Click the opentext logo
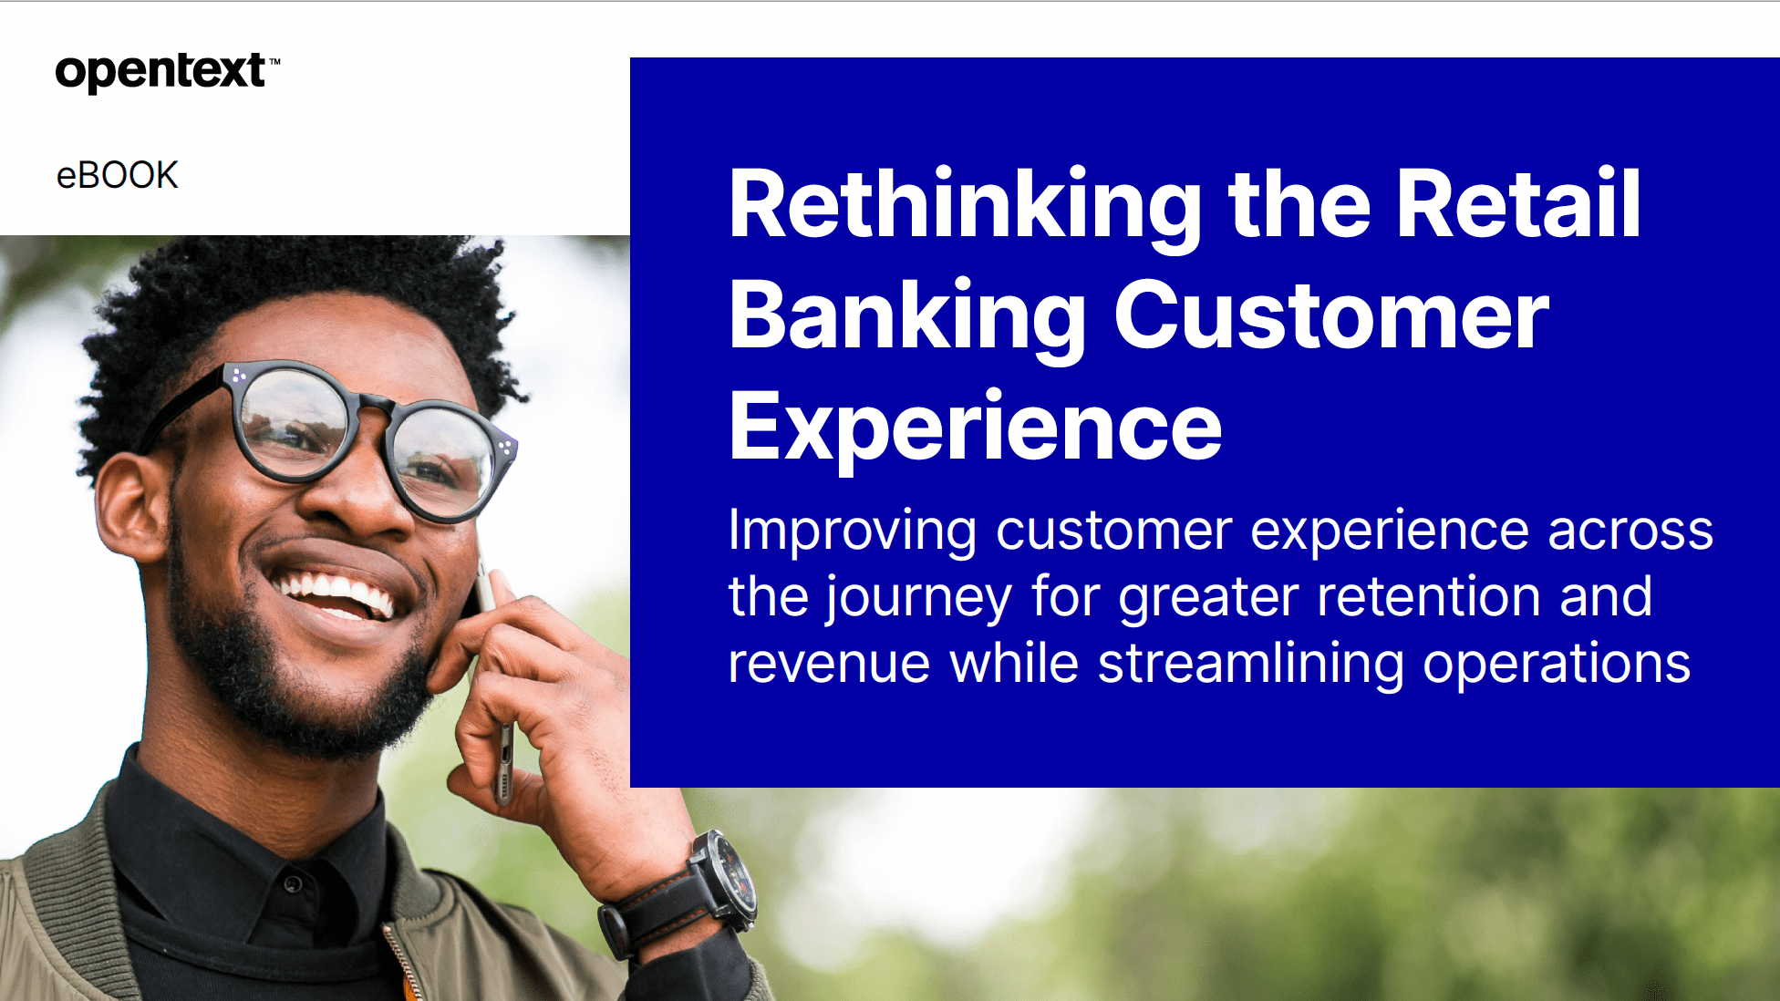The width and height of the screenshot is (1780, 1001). coord(168,72)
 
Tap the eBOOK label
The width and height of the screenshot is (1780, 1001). coord(117,175)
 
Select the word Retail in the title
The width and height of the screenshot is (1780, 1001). coord(1518,204)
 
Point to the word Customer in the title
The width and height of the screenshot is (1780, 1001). coord(1331,315)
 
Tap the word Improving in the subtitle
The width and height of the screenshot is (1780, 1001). coord(853,532)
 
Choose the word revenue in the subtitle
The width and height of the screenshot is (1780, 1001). coord(829,664)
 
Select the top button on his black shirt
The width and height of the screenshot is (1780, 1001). coord(293,883)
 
